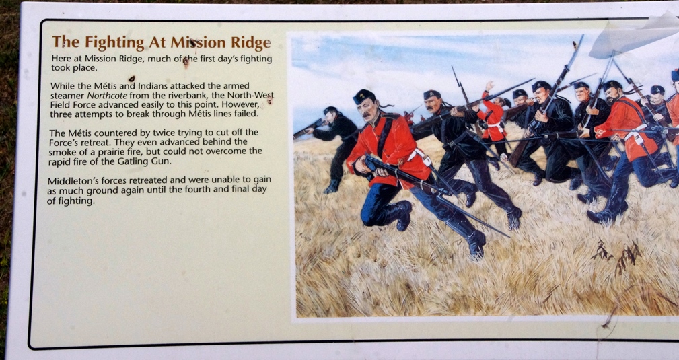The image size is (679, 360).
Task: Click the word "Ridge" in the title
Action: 251,43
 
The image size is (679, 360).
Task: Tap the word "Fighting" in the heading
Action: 114,43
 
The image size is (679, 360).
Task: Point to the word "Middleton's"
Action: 71,180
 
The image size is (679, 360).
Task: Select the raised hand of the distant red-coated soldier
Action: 489,85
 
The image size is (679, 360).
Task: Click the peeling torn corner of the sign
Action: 633,36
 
